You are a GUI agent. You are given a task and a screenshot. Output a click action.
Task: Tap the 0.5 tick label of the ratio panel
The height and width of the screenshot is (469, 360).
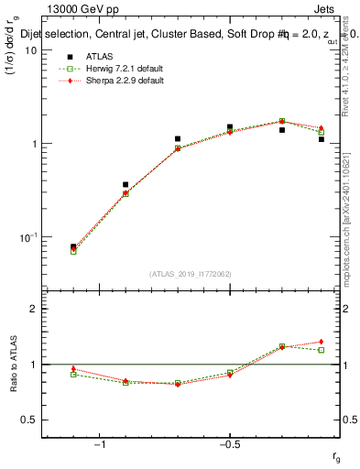click(30, 420)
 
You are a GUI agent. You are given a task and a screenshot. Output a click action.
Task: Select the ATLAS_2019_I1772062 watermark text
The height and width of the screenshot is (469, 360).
click(191, 273)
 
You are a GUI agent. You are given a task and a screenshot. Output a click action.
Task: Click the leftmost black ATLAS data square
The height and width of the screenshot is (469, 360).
click(73, 246)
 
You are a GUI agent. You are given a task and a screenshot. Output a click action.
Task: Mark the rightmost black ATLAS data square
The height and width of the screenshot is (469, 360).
click(322, 139)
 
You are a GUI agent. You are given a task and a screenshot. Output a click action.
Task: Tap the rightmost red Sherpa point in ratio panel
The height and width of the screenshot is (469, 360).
click(322, 342)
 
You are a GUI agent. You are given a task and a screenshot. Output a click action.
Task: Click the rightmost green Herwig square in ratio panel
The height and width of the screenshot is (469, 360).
click(322, 350)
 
